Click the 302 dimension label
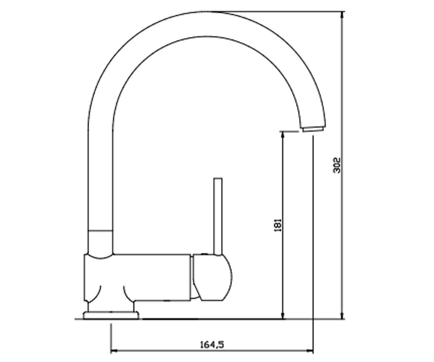(337, 165)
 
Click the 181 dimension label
(278, 225)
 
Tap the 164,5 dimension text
(212, 345)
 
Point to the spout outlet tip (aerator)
(313, 129)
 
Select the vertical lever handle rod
(218, 216)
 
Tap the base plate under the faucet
(111, 315)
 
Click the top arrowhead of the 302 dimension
(342, 15)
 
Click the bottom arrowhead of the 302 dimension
(342, 315)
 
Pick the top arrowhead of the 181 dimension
(283, 135)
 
